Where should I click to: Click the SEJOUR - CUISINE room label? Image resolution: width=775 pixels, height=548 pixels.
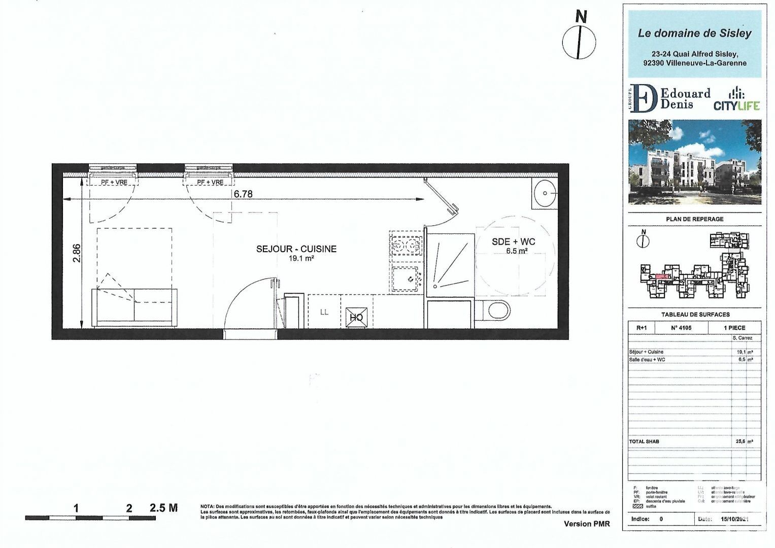coord(296,249)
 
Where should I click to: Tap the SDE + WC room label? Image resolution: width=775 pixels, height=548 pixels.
coord(513,242)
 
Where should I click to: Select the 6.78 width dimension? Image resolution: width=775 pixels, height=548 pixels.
coord(243,194)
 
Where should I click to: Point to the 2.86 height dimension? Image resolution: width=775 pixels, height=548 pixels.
coord(76,253)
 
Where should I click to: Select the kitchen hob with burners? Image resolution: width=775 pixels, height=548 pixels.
coord(406,246)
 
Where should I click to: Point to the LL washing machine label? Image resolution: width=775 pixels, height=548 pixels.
coord(324,312)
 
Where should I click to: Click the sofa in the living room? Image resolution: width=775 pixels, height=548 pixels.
coord(134,307)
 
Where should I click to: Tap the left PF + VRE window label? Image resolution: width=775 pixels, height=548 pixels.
coord(114,182)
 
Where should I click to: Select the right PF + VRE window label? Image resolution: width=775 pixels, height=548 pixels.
coord(210,182)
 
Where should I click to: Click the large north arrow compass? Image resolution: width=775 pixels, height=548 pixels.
coord(579,41)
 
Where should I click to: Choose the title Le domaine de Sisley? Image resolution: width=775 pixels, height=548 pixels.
coord(694,33)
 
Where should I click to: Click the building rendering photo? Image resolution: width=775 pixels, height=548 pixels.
coord(694,162)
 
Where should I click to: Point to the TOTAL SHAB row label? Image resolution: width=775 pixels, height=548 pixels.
coord(644,441)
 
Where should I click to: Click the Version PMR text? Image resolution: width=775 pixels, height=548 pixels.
coord(587,524)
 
